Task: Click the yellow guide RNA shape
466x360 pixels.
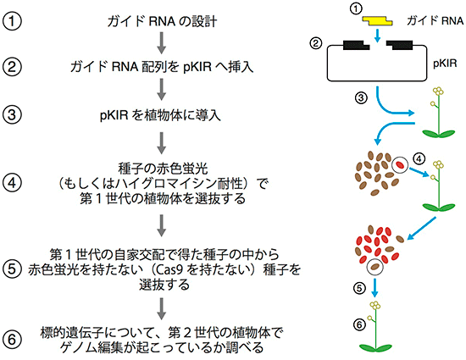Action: coord(377,21)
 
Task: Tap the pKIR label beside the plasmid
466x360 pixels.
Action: coord(445,64)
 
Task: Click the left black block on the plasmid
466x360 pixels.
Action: coord(356,45)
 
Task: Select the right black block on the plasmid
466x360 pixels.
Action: coord(399,45)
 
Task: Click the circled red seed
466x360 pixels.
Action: coord(400,165)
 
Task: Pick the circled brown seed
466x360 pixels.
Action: coord(374,267)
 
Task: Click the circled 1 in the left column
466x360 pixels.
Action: coord(12,21)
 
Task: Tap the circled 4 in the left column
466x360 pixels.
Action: coord(12,182)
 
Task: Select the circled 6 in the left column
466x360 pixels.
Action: coord(12,340)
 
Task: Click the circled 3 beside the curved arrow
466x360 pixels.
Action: coord(361,97)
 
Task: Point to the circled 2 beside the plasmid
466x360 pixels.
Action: coord(316,43)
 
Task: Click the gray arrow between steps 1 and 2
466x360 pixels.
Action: coord(161,43)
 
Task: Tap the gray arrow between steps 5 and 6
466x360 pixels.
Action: coord(161,308)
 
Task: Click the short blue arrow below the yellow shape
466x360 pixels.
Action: coord(377,36)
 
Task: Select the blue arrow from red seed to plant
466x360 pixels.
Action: coord(419,173)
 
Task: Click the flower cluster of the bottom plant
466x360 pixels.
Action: coord(375,305)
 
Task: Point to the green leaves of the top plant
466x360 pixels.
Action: coord(439,133)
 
